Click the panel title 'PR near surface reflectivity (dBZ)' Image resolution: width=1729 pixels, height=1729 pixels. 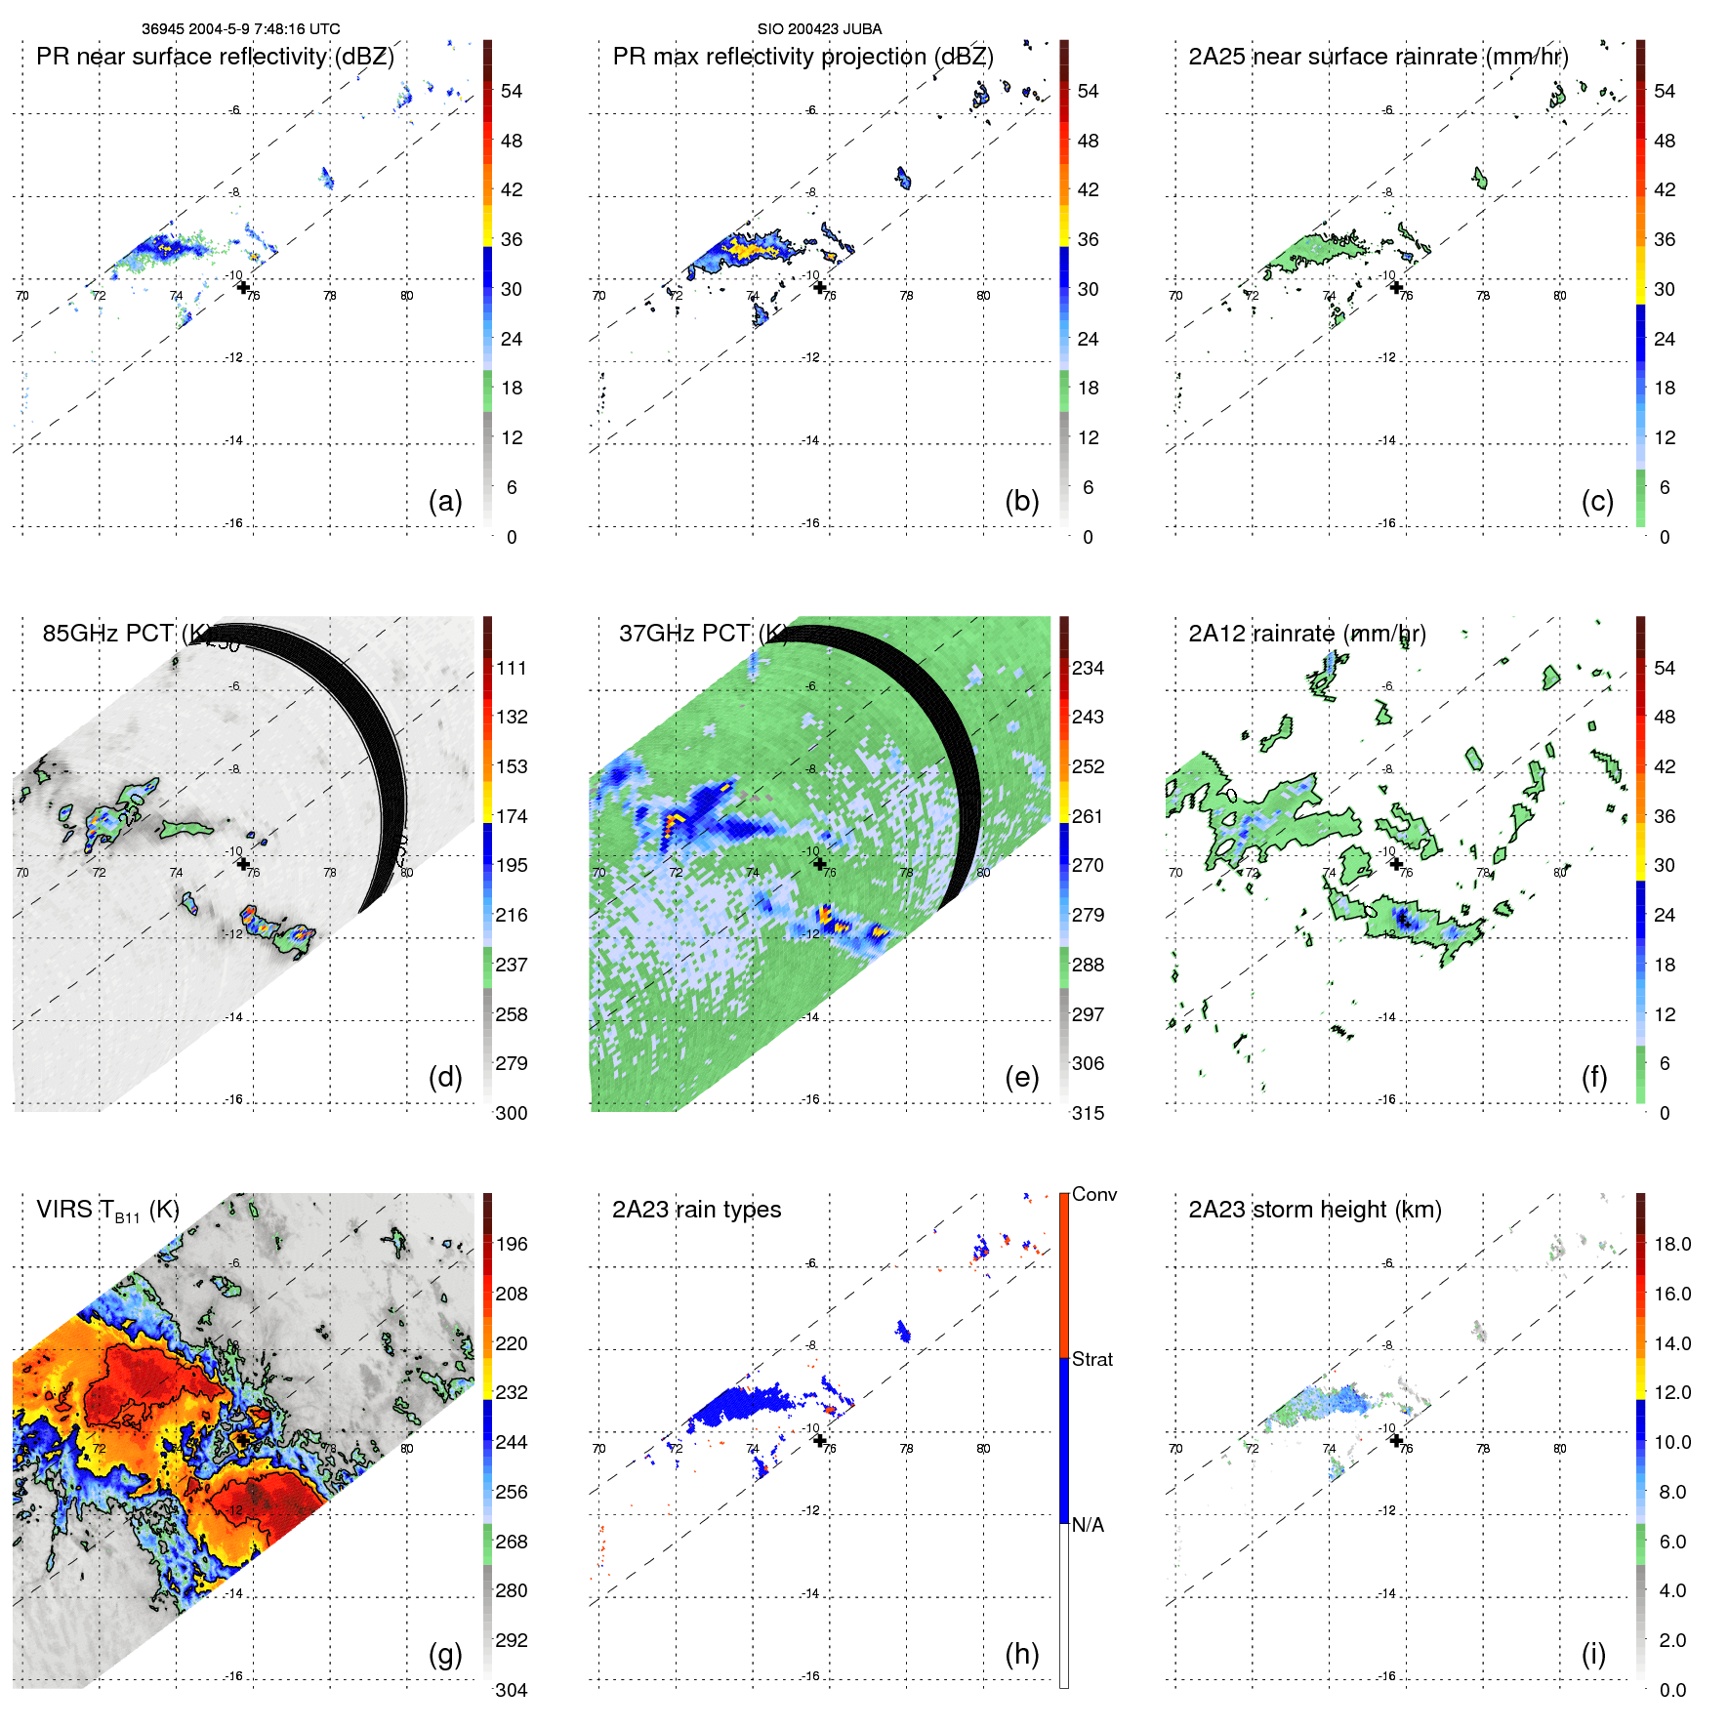pos(215,57)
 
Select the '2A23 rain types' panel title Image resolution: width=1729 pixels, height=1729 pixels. pos(696,1210)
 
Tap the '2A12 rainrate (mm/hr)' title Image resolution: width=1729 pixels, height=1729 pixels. pos(1306,634)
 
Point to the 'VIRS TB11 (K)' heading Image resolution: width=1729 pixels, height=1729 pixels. pos(107,1211)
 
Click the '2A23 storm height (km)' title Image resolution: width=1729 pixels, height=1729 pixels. pos(1314,1210)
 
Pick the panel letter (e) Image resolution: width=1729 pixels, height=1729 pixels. pos(1021,1077)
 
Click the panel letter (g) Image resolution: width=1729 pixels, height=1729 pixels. pos(445,1654)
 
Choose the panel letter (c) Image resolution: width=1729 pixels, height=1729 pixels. pos(1597,501)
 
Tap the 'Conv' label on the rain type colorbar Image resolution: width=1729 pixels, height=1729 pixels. pos(1093,1194)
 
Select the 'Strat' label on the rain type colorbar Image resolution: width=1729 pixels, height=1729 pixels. pos(1091,1359)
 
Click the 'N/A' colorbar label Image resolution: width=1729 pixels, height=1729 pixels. pos(1088,1525)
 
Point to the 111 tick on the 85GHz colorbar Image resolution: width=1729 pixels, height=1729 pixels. pos(512,669)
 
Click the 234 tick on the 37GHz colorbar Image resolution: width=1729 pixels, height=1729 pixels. pos(1088,669)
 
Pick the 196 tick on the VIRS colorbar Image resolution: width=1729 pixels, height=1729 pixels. pos(512,1245)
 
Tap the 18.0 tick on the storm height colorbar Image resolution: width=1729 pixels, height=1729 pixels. pos(1671,1245)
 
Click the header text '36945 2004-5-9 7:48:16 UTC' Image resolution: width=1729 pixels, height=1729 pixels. pos(240,29)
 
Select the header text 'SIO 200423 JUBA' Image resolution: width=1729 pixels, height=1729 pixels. pos(819,29)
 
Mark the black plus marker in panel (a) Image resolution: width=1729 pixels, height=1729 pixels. pos(243,287)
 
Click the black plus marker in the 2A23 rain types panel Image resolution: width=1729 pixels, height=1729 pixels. pos(820,1440)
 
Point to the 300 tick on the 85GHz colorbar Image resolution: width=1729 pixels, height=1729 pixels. pos(512,1113)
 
